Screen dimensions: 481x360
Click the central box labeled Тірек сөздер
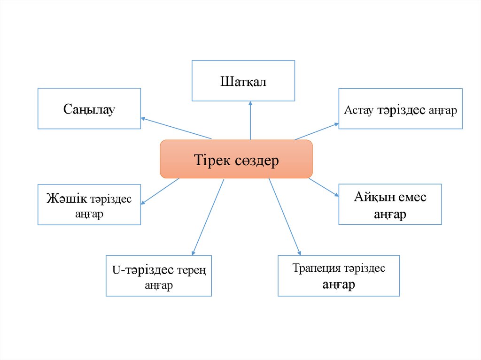(236, 159)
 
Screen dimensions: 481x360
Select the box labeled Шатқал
(243, 81)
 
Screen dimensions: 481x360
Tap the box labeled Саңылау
(89, 108)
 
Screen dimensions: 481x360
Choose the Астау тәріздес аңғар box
(400, 108)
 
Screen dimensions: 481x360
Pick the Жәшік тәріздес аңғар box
(89, 205)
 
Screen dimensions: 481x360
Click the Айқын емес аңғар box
(390, 205)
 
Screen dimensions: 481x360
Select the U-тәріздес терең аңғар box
(159, 276)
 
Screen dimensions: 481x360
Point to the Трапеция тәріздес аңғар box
(339, 276)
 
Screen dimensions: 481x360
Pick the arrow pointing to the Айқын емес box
(324, 187)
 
